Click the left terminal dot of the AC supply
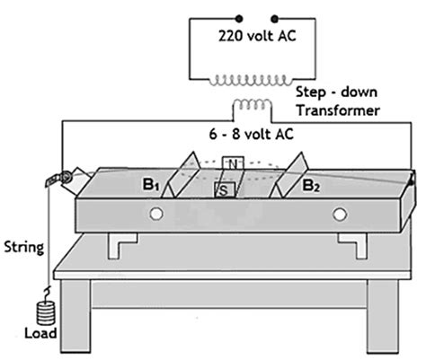click(239, 19)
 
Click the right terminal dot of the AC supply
click(274, 19)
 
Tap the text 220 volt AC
click(257, 36)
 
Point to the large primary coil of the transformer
click(250, 80)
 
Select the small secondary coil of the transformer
click(253, 104)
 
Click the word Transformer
click(338, 110)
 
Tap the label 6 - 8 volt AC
click(251, 134)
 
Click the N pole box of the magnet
click(233, 163)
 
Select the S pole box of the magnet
click(225, 190)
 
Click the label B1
click(150, 185)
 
